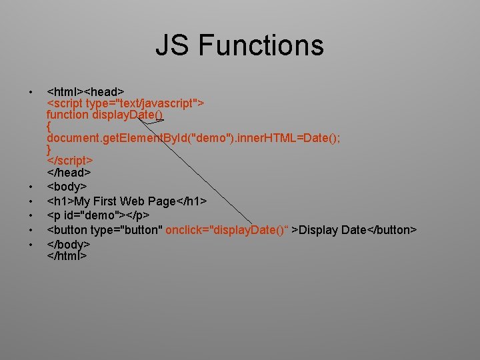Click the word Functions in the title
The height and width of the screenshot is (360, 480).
(261, 45)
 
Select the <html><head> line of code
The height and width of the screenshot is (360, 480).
(85, 91)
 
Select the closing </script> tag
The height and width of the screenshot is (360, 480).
(70, 161)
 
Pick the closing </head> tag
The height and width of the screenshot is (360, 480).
(69, 173)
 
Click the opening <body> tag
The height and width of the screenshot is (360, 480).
(67, 187)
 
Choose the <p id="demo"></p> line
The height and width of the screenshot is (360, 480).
(98, 215)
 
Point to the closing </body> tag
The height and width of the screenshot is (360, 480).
(69, 244)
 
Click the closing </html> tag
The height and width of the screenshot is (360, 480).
(67, 255)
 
